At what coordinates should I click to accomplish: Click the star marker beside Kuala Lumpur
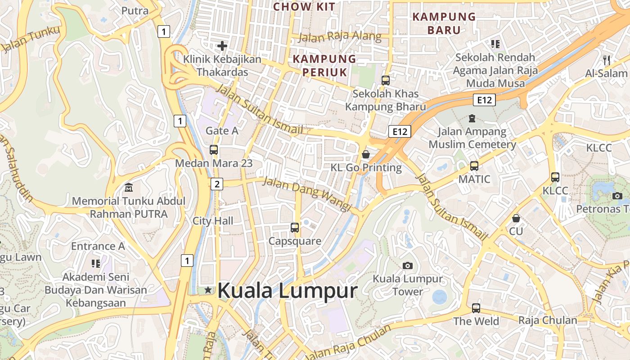point(208,290)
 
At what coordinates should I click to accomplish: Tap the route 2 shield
point(217,184)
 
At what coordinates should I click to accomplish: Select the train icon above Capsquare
point(295,228)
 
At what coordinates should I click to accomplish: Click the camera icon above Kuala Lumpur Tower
point(408,265)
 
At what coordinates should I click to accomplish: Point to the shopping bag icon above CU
point(516,218)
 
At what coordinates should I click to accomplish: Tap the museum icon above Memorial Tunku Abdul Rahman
point(129,187)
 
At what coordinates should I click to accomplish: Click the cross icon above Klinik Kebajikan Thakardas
point(222,46)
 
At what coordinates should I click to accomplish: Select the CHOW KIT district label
point(305,7)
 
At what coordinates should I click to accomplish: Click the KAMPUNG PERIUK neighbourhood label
point(324,65)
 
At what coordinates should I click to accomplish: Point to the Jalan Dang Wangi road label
point(306,193)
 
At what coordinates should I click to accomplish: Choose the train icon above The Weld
point(476,308)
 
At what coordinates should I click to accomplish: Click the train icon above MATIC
point(474,166)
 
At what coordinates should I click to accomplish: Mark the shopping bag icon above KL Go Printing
point(366,154)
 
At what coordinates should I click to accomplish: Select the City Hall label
point(213,221)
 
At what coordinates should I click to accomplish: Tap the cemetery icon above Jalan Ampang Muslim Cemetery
point(472,118)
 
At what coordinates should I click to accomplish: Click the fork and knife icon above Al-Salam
point(606,60)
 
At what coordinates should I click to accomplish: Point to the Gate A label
point(222,131)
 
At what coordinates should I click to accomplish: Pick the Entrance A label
point(98,246)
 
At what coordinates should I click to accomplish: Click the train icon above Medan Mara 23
point(214,150)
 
